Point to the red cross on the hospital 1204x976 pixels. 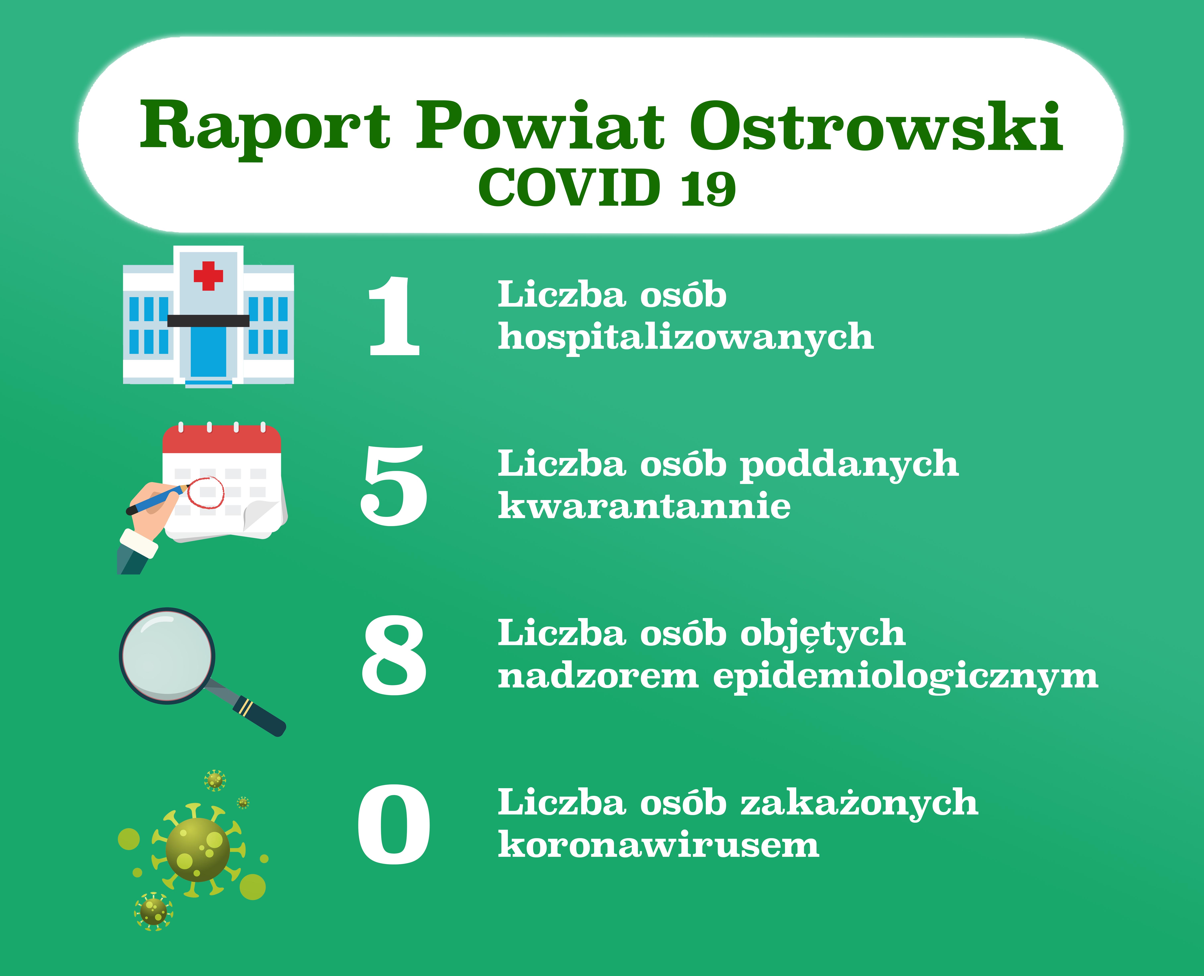[x=208, y=276]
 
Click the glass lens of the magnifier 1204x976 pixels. [x=167, y=656]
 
